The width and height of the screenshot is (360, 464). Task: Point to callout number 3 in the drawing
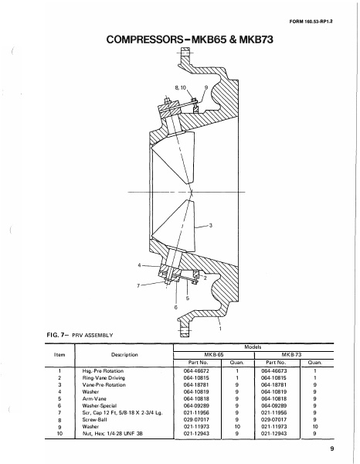point(210,225)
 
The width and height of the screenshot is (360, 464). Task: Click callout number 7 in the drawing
point(139,285)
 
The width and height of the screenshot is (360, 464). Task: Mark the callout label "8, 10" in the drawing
point(182,87)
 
